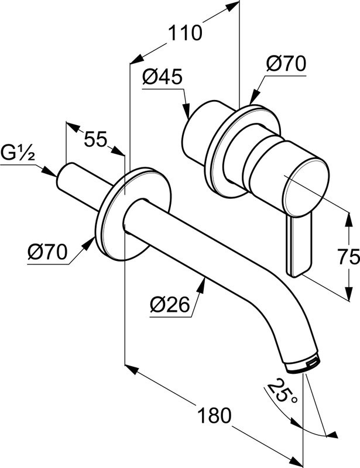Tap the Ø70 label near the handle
[x=285, y=64]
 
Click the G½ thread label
[x=18, y=154]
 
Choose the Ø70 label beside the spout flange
[x=47, y=253]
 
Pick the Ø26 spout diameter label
[x=170, y=305]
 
